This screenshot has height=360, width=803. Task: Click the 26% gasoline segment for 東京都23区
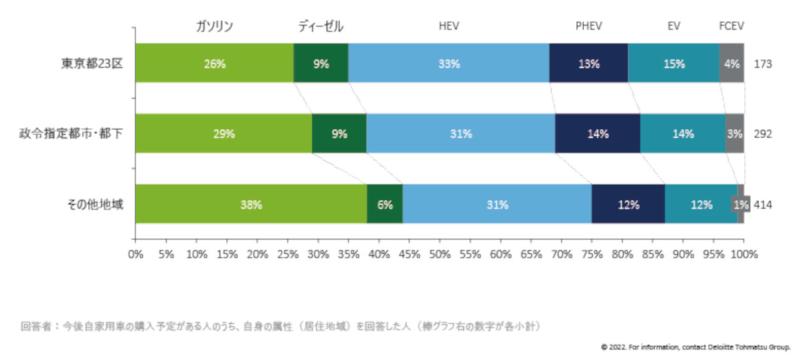(x=214, y=64)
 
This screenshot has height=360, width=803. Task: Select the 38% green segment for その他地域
(x=251, y=205)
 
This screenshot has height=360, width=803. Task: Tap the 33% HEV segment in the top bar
(x=448, y=64)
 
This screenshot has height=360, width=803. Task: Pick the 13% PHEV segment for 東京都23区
(x=588, y=64)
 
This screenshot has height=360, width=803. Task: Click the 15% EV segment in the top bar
(x=674, y=64)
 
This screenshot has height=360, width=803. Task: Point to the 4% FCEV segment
(x=731, y=64)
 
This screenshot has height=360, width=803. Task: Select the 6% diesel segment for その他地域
(x=385, y=205)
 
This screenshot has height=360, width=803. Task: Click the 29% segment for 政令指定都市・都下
(x=224, y=134)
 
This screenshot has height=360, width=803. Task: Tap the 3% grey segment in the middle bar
(x=735, y=134)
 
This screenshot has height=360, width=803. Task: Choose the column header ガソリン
(x=214, y=27)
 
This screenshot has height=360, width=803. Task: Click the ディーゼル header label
(x=321, y=27)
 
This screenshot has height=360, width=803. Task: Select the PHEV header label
(x=589, y=27)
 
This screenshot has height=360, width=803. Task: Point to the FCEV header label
(x=731, y=27)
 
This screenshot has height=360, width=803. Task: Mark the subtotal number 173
(x=763, y=64)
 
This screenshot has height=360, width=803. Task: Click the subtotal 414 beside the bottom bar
(x=763, y=205)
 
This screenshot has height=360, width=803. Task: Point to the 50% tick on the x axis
(x=440, y=254)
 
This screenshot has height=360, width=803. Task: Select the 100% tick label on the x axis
(x=744, y=254)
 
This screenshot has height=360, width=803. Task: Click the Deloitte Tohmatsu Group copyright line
(x=696, y=347)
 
